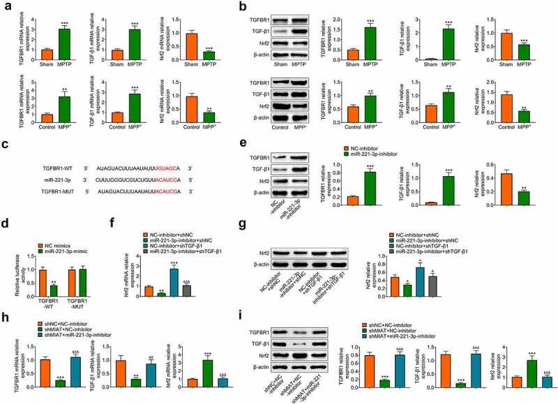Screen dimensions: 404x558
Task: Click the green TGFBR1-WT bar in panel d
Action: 54,275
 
